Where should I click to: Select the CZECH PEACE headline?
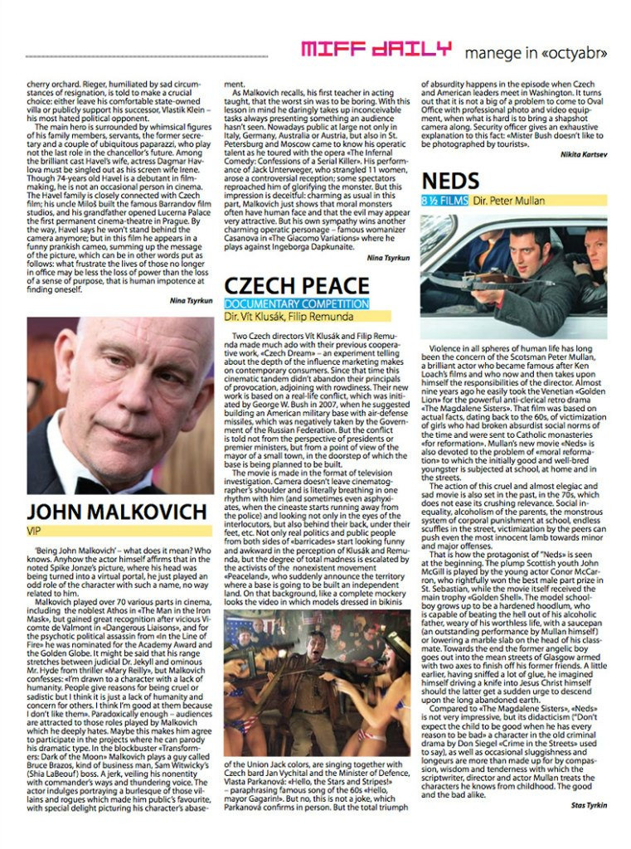click(295, 285)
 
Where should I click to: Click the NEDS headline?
click(450, 181)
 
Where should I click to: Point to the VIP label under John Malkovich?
click(35, 530)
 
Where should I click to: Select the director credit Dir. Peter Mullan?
click(510, 201)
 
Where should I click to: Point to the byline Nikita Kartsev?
click(584, 154)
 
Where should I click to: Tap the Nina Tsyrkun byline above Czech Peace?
click(388, 258)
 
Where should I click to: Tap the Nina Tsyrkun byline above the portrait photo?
click(190, 300)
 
